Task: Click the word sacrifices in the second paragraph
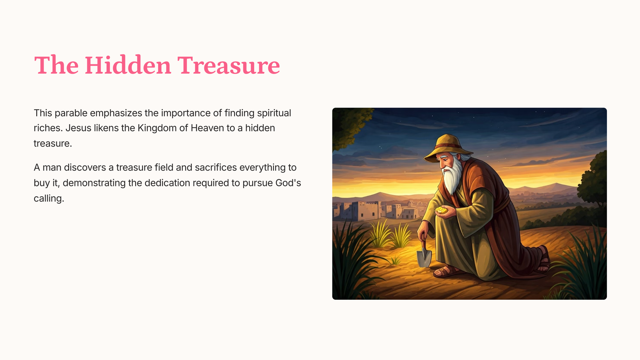[216, 167]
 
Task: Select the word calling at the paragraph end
[49, 198]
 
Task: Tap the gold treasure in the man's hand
[442, 210]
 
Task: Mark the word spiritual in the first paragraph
[274, 113]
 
